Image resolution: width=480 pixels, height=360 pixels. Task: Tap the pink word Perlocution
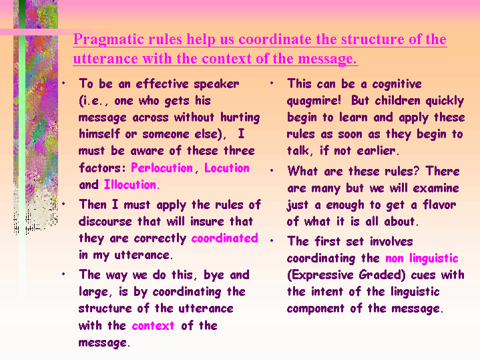162,168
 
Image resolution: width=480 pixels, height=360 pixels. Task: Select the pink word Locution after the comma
227,168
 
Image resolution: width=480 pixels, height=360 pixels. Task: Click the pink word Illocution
130,184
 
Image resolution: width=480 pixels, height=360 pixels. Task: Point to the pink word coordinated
225,238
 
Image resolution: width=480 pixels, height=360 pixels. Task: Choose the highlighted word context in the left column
153,325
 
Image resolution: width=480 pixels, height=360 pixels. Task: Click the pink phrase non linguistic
422,259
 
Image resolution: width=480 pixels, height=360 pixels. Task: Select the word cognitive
397,84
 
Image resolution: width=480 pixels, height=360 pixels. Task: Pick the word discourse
105,221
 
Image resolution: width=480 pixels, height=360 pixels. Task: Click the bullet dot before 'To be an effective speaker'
63,83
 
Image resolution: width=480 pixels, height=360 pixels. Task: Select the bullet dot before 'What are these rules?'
272,170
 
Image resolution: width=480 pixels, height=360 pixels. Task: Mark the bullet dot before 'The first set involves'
272,240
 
